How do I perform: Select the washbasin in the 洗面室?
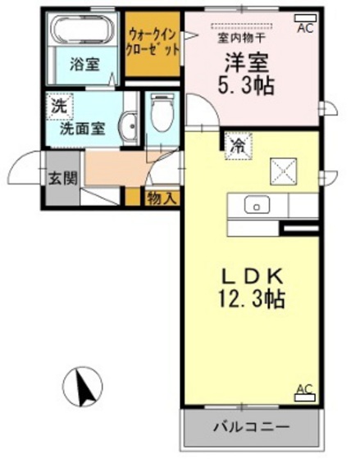click(129, 127)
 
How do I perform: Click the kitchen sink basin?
click(257, 205)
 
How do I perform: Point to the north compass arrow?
click(84, 388)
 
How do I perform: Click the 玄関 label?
click(62, 179)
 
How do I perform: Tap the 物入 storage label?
click(162, 199)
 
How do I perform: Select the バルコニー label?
click(251, 427)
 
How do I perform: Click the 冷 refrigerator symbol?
click(239, 147)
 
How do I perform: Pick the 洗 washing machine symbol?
click(60, 107)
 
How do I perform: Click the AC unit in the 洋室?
click(306, 18)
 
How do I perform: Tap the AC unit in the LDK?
click(305, 398)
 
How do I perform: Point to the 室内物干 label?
click(241, 39)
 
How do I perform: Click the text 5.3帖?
click(246, 86)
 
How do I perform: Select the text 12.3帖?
click(252, 298)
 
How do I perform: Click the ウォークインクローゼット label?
click(153, 43)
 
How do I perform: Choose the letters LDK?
click(253, 277)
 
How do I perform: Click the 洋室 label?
click(246, 63)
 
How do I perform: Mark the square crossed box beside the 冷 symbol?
click(284, 171)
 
